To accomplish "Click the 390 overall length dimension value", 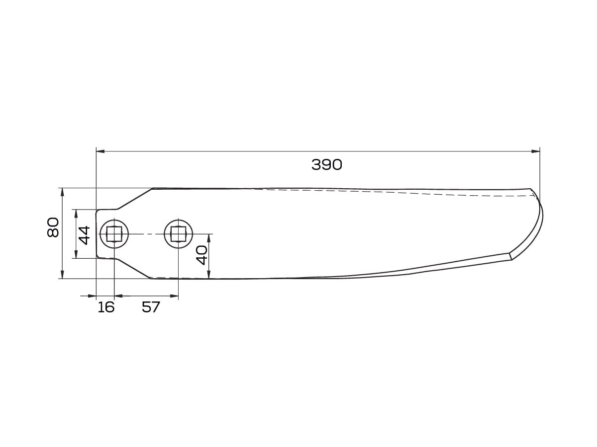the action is (x=326, y=165).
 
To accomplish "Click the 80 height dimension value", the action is (x=53, y=227).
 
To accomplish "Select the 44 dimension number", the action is (x=84, y=235).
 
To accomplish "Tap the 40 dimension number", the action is (x=202, y=255).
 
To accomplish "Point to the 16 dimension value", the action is (x=106, y=307).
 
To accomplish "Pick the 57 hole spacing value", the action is (x=151, y=307).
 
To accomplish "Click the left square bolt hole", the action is (x=114, y=234).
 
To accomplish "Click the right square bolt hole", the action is (x=178, y=234).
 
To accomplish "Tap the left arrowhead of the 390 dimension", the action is (x=100, y=151).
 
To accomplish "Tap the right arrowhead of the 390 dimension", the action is (x=535, y=151).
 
